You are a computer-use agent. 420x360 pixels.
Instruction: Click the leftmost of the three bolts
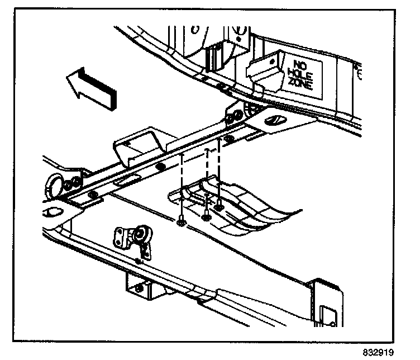[x=181, y=223]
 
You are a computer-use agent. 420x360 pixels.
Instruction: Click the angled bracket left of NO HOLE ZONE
[x=262, y=70]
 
